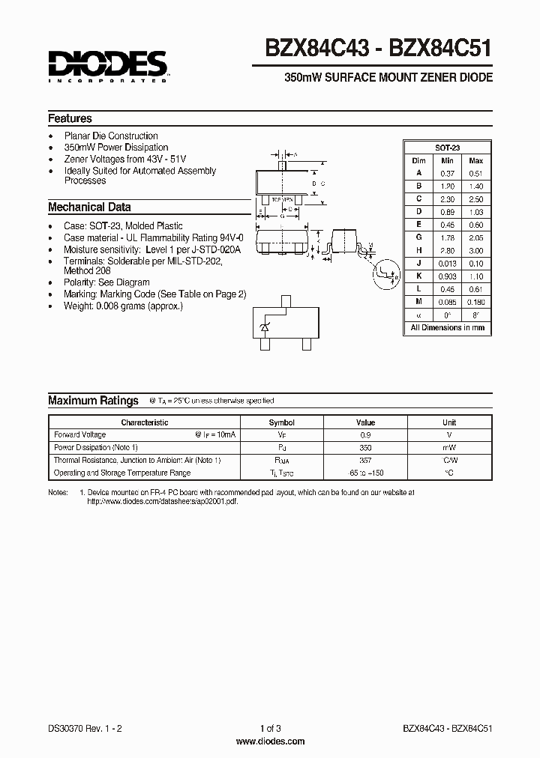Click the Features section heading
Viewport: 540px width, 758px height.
click(x=70, y=118)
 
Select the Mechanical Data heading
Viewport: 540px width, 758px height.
click(x=89, y=207)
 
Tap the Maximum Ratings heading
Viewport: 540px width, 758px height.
click(x=93, y=401)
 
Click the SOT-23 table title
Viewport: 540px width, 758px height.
click(x=448, y=148)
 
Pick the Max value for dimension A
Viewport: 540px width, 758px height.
click(x=475, y=173)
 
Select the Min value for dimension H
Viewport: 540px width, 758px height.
click(x=447, y=251)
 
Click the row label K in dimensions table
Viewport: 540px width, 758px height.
click(x=419, y=276)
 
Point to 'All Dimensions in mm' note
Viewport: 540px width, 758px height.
click(x=448, y=328)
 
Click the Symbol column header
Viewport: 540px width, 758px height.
click(x=282, y=422)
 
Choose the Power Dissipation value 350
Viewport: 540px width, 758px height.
click(x=365, y=448)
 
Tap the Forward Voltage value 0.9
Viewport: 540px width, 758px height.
click(x=365, y=435)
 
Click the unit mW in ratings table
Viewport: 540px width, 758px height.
click(x=449, y=448)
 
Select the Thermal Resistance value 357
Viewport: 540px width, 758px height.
click(x=365, y=461)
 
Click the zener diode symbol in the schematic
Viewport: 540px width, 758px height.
click(x=264, y=328)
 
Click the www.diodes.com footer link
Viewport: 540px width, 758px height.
click(x=270, y=741)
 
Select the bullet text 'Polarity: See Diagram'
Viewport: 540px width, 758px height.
click(x=106, y=283)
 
